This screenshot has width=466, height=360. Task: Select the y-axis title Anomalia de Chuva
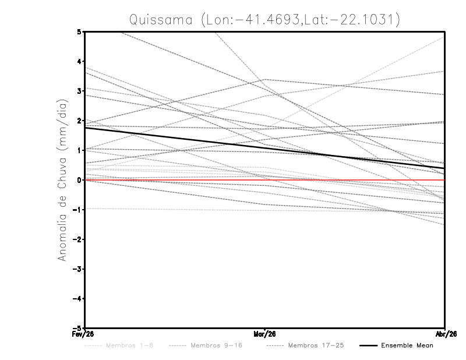click(63, 179)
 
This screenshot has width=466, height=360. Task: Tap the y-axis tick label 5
click(80, 31)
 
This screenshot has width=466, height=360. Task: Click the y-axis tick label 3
click(80, 91)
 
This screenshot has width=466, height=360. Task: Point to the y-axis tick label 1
click(80, 150)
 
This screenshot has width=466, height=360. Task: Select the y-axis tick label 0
click(80, 180)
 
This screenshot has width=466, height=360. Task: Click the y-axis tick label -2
click(78, 239)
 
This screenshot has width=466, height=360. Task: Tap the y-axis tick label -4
click(78, 298)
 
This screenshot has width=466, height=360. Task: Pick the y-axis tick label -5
click(78, 328)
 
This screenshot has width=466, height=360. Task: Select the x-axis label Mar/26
click(264, 335)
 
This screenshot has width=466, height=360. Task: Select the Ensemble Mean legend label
click(407, 345)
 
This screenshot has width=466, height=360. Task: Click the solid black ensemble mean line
click(175, 138)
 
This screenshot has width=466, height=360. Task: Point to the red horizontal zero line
click(349, 180)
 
